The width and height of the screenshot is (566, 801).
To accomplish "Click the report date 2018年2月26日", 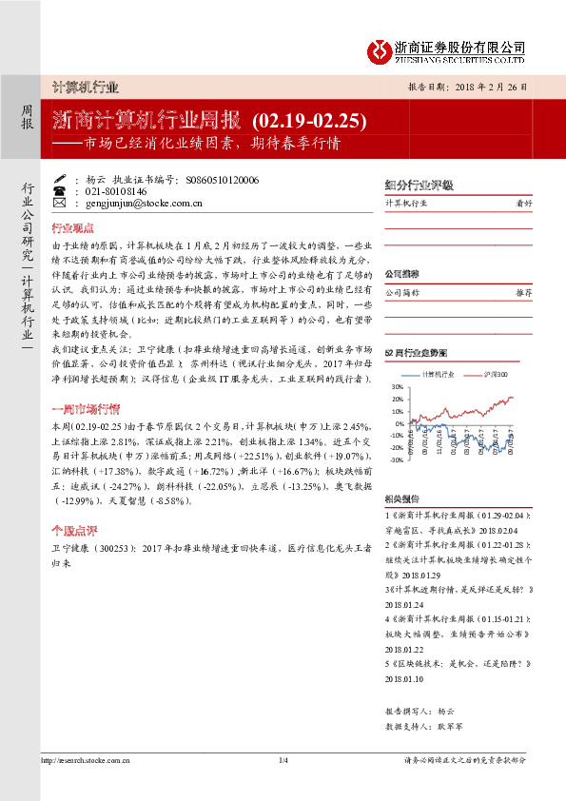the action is click(x=496, y=87).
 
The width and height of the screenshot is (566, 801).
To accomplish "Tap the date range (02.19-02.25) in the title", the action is click(x=309, y=121).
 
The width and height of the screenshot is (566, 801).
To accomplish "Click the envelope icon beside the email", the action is click(x=60, y=203).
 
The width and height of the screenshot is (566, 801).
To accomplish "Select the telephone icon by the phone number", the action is click(x=60, y=190).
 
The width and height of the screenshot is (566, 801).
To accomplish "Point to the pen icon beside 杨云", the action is click(x=60, y=178).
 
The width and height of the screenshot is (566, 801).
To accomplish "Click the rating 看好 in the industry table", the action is click(x=523, y=204).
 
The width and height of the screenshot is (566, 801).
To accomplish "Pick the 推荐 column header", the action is click(x=523, y=293).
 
